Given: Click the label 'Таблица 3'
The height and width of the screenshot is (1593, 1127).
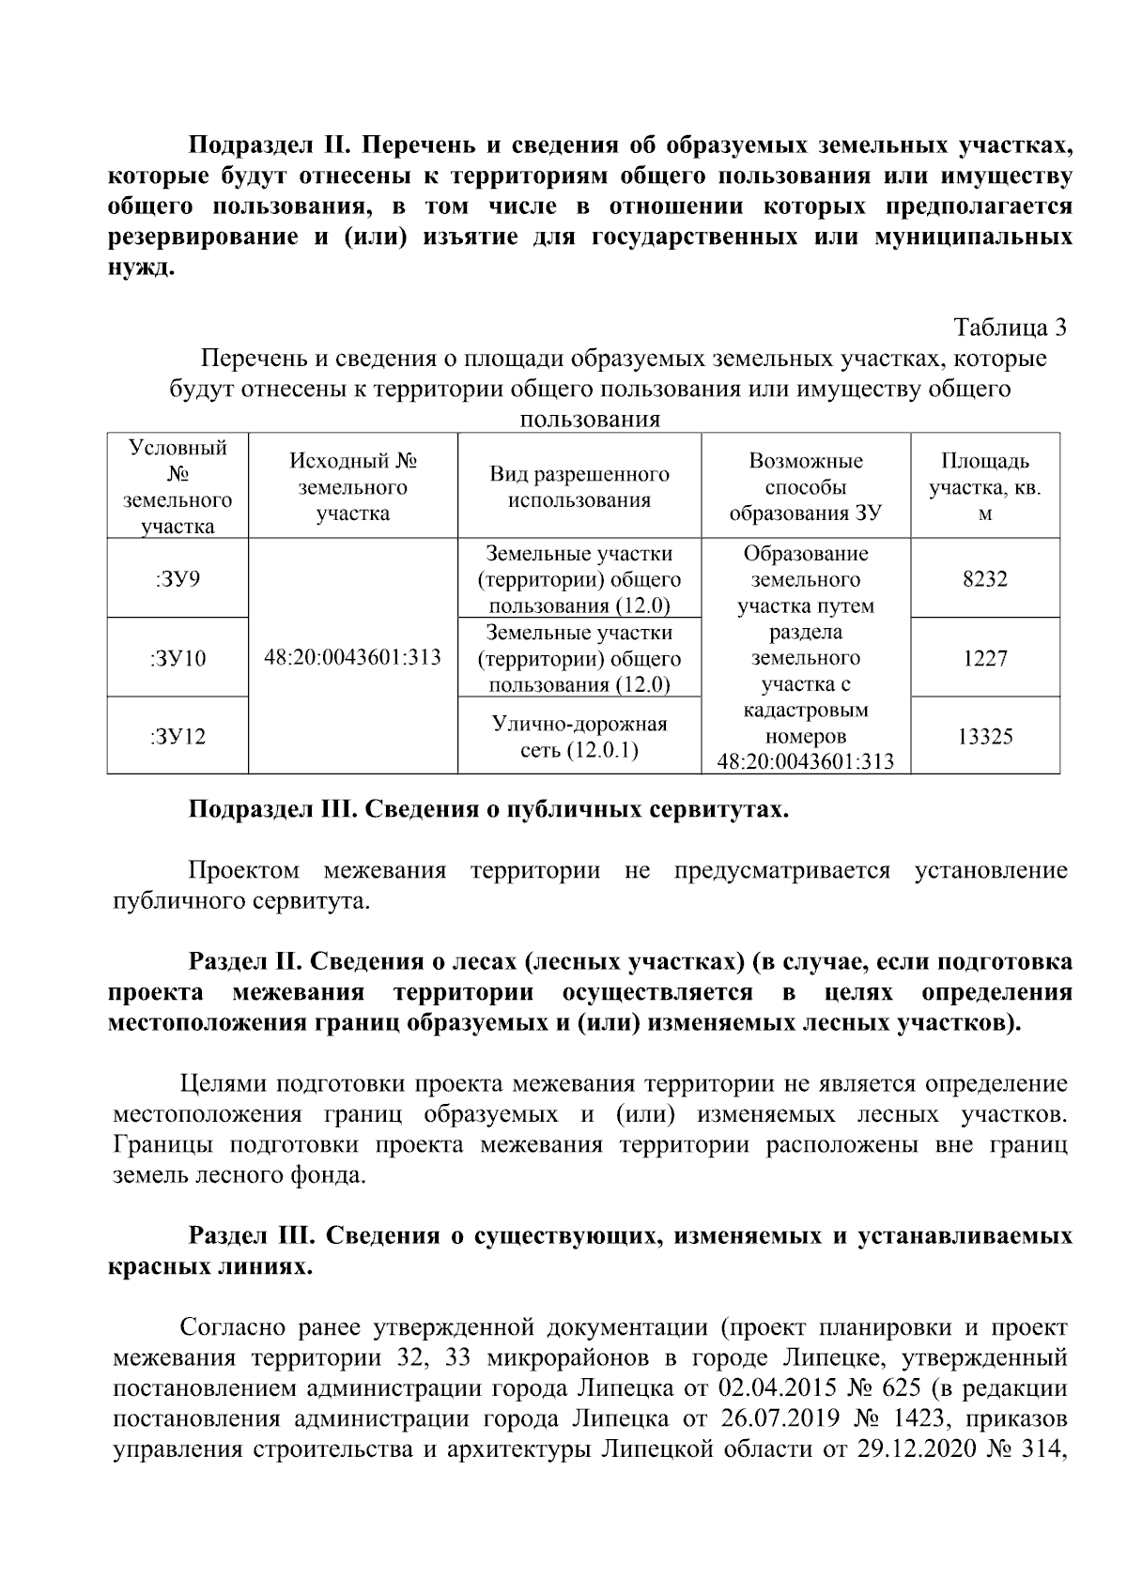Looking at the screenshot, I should click(1010, 328).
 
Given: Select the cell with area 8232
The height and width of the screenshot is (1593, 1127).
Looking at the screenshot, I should click(984, 578).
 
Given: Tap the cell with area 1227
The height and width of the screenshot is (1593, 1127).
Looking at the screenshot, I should click(984, 657).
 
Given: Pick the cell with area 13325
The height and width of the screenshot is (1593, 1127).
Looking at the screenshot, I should click(984, 736).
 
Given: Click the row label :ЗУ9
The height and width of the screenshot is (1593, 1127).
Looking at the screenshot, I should click(178, 578).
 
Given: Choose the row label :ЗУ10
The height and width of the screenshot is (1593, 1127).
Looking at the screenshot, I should click(178, 657).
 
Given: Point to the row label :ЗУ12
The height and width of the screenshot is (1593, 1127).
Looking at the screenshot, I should click(178, 736).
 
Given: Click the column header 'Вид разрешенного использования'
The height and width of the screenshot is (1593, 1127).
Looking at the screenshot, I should click(579, 486).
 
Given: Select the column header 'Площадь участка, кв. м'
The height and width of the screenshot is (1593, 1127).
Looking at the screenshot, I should click(984, 486).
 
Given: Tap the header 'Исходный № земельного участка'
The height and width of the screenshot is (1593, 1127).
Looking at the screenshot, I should click(352, 486).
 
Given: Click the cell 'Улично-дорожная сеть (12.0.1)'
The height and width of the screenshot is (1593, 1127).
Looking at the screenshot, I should click(579, 736).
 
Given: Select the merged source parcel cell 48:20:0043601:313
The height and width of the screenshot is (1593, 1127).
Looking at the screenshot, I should click(352, 657).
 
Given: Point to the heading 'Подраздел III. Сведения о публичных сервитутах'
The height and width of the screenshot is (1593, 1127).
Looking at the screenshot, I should click(488, 809).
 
